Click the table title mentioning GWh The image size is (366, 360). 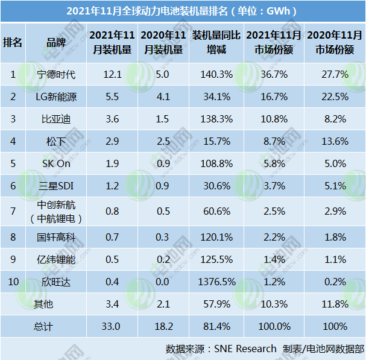coord(183,11)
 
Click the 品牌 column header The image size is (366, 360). coord(56,42)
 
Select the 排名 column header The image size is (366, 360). coord(13,42)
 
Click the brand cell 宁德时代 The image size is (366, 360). coord(56,75)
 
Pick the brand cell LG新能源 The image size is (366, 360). coord(56,97)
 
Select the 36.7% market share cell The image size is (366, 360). coord(269,75)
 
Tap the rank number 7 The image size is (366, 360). coord(13,212)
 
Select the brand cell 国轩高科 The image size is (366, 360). coord(56,236)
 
